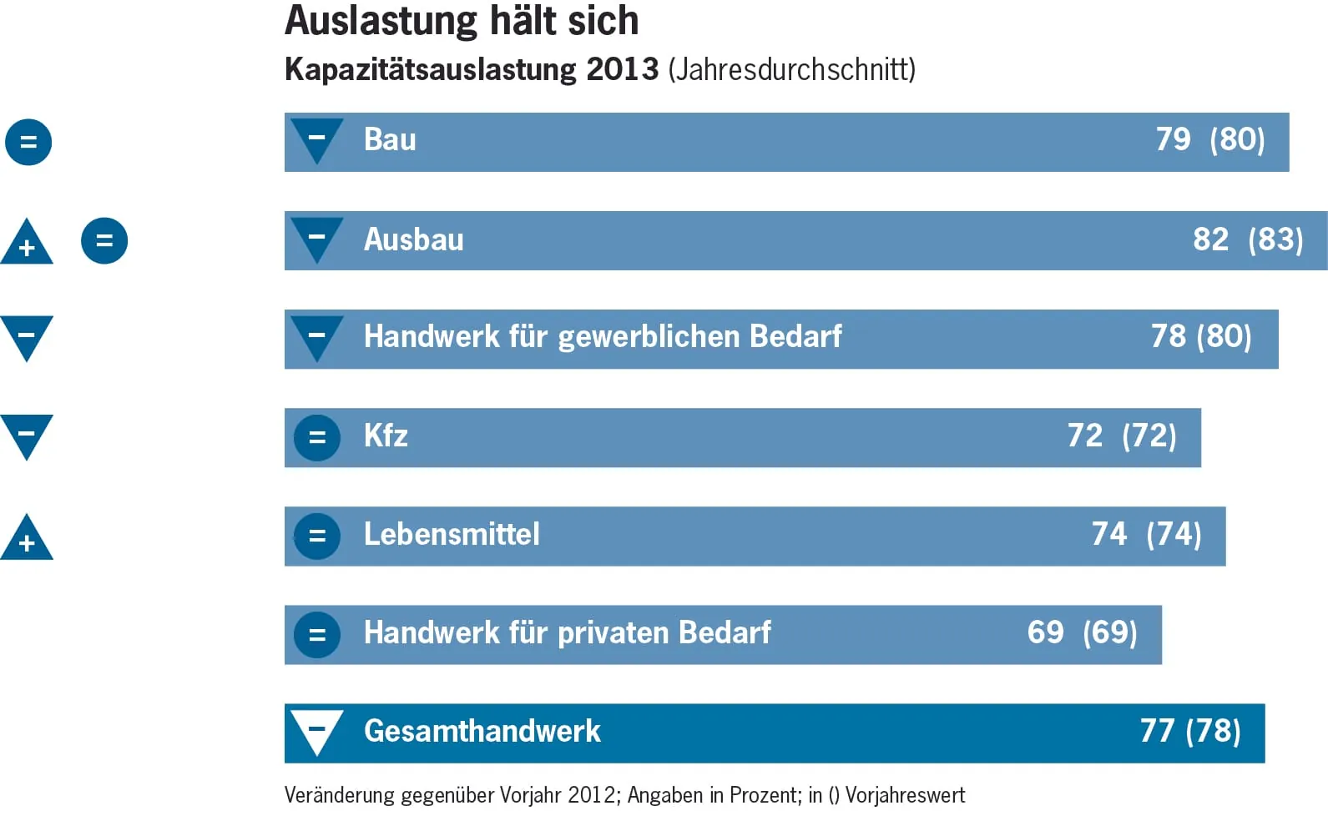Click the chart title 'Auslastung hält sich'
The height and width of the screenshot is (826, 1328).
(x=462, y=21)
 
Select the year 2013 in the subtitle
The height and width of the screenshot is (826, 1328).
(x=622, y=69)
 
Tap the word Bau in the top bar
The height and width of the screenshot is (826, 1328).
(x=390, y=140)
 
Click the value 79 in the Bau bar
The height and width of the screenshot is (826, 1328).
(x=1173, y=139)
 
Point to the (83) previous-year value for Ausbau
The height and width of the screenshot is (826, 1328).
(x=1275, y=240)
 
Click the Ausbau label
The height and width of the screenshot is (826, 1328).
(x=413, y=240)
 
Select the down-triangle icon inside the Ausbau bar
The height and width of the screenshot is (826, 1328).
(x=317, y=238)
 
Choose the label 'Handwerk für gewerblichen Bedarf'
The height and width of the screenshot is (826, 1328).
(x=603, y=337)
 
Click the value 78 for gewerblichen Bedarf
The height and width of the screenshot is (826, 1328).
(x=1168, y=336)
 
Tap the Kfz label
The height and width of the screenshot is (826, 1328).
(x=386, y=436)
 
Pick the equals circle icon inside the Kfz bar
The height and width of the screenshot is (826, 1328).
(x=317, y=437)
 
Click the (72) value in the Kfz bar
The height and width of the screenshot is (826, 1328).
(x=1149, y=436)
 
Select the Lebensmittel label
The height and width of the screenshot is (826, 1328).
(x=452, y=534)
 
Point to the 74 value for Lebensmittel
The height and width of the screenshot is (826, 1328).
(x=1109, y=534)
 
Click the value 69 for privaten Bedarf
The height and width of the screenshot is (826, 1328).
(x=1045, y=632)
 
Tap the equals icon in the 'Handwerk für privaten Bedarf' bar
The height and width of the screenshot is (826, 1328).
(x=317, y=634)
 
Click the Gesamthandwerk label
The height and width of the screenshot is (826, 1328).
(x=482, y=732)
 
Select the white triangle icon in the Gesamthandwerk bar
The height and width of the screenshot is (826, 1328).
(x=317, y=730)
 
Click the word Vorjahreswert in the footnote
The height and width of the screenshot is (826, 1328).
(x=905, y=795)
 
